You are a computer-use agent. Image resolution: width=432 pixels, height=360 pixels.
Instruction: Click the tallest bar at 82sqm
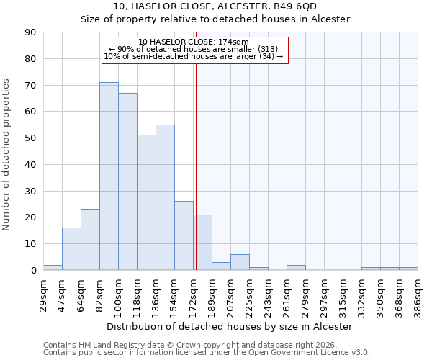[x=109, y=176]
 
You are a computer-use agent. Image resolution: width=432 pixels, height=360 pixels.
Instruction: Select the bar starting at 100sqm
[x=127, y=181]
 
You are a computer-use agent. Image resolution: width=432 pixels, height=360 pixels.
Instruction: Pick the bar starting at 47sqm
[x=71, y=249]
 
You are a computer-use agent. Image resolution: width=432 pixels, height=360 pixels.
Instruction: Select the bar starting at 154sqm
[x=184, y=235]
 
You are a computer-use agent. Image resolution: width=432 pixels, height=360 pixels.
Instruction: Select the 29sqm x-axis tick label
[x=43, y=292]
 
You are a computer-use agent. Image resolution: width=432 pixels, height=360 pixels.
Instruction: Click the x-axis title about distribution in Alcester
[x=230, y=326]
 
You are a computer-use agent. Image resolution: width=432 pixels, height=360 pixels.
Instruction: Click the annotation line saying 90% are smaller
[x=194, y=49]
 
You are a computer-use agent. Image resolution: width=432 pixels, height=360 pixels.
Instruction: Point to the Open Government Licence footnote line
[x=207, y=353]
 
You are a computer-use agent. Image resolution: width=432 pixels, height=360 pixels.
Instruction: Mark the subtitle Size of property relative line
[x=215, y=19]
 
